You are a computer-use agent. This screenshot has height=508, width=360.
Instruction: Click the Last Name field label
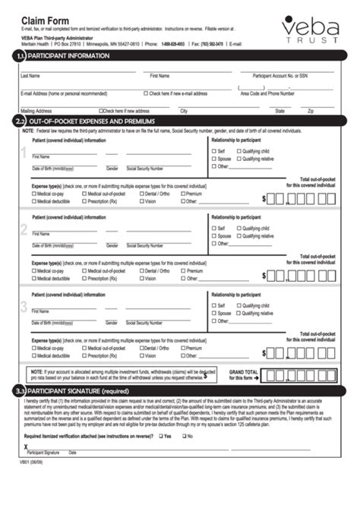[x=30, y=76]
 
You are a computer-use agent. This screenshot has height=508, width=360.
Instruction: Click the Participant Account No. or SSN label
[x=279, y=76]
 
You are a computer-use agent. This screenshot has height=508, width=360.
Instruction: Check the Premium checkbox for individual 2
[x=184, y=271]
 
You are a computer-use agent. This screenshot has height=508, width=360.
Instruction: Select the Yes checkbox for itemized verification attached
[x=159, y=458]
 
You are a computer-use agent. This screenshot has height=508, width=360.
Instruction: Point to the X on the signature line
[x=26, y=468]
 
